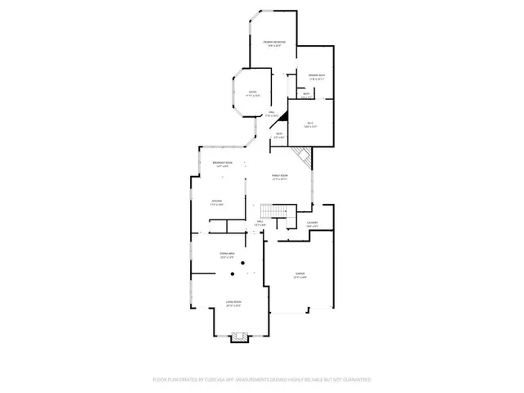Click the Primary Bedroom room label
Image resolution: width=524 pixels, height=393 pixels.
(273, 43)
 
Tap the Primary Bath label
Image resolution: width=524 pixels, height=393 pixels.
(317, 77)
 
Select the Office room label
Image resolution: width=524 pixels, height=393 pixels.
(252, 94)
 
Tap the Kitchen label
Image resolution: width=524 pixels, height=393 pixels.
(217, 202)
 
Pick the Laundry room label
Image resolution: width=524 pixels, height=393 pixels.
(312, 223)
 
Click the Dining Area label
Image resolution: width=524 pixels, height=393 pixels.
(228, 256)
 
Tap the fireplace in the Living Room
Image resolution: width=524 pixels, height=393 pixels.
(239, 336)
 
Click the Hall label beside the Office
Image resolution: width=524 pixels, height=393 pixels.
(270, 115)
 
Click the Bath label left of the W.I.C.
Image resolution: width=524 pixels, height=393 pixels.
(279, 135)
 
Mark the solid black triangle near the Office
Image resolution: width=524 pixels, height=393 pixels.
(281, 119)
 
